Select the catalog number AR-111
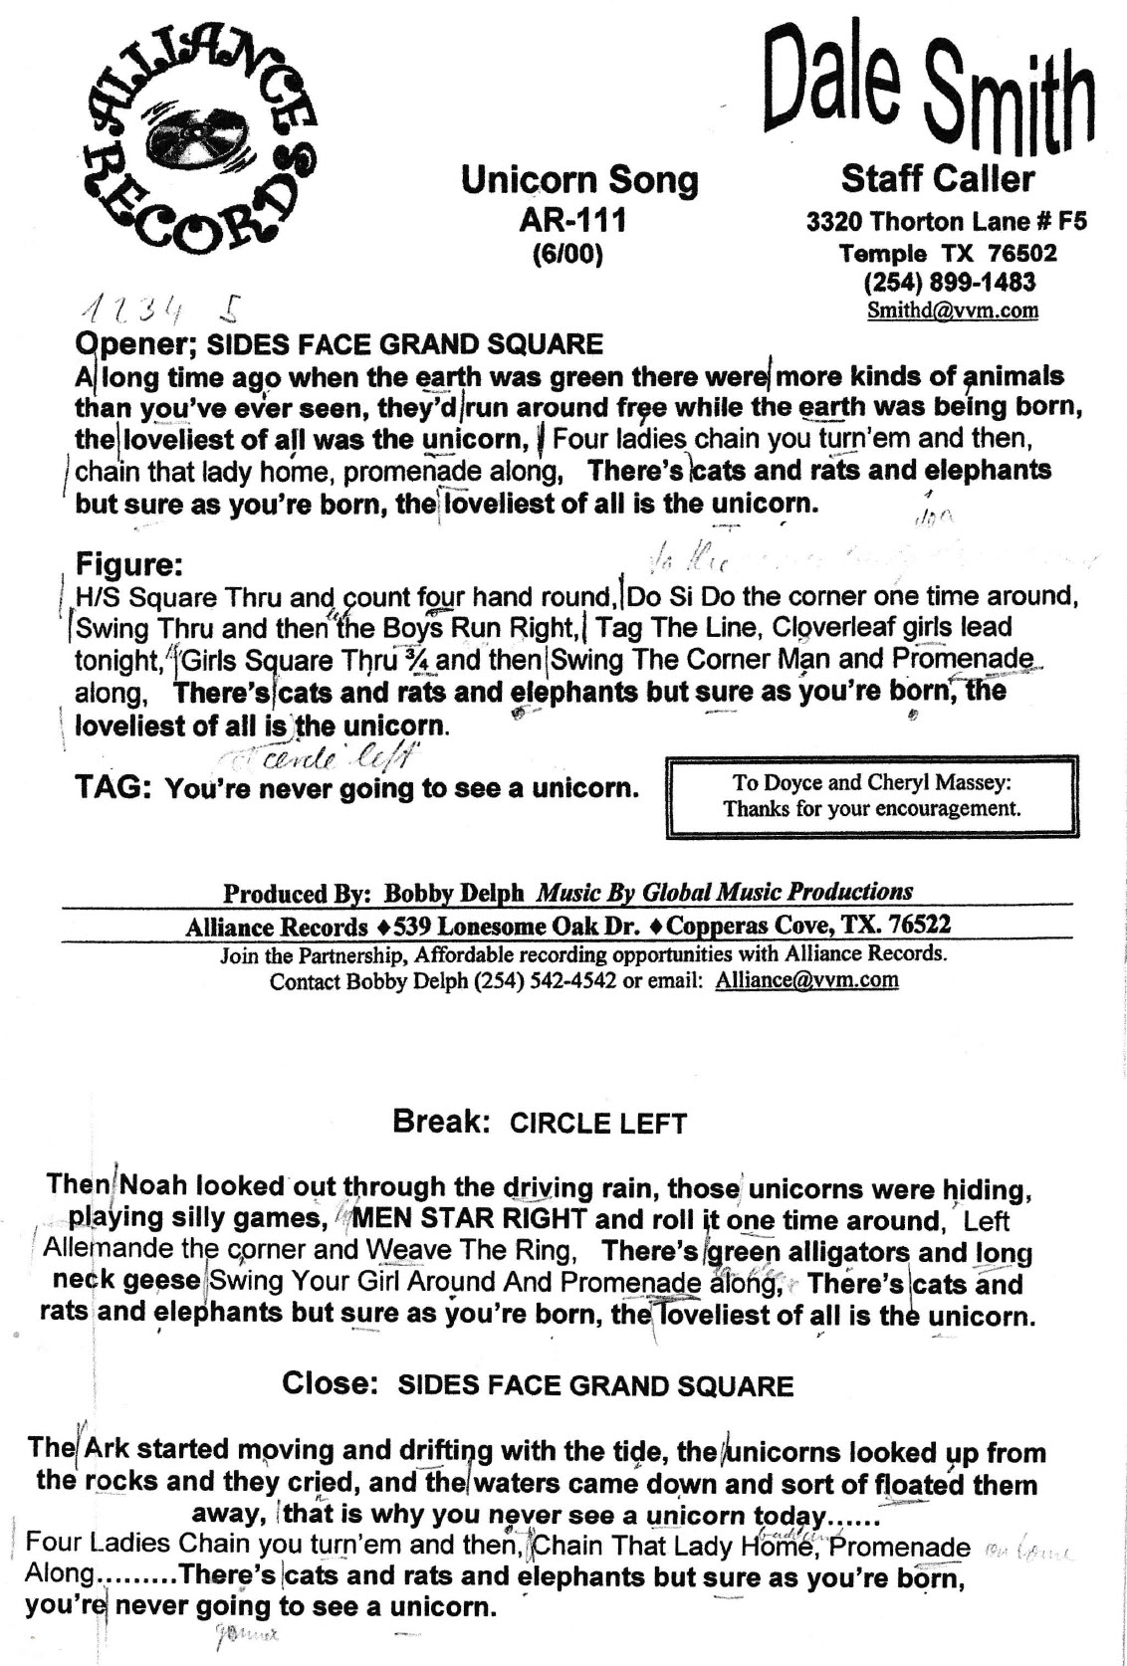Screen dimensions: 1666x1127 point(572,220)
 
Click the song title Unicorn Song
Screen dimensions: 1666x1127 point(579,181)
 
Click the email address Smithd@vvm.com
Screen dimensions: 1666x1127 point(953,310)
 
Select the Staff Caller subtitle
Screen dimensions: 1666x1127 point(937,179)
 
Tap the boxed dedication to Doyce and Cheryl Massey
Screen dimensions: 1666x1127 point(872,796)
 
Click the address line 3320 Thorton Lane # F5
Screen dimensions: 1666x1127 point(946,221)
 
